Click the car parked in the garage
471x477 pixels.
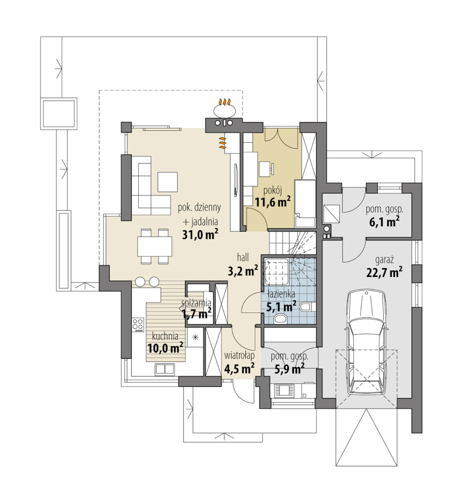point(367,343)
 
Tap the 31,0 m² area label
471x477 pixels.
point(200,235)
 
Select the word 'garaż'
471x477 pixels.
point(384,260)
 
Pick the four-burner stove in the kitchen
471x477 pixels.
point(138,324)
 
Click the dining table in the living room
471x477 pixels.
point(155,246)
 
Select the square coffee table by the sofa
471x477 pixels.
point(167,182)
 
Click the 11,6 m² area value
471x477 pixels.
point(272,202)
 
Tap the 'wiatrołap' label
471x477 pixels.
point(239,355)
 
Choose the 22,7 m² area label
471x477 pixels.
point(384,271)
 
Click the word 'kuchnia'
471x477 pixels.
point(165,336)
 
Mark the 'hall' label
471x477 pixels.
point(243,257)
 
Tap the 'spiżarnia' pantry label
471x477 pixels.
point(196,303)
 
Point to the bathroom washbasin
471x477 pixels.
point(279,318)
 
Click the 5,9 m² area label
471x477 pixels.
point(289,369)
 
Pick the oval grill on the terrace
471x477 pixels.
point(224,109)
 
